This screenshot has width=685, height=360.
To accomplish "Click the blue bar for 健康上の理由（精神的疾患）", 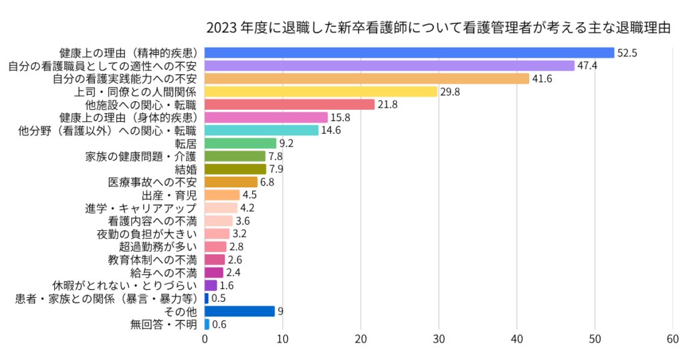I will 409,53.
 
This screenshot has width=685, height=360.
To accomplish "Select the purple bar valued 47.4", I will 389,66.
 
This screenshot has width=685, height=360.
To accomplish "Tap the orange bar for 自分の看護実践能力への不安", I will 367,78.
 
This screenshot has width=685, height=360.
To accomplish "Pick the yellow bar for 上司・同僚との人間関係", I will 320,92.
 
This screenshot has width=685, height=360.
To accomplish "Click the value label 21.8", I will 387,104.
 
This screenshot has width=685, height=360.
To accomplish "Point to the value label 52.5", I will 627,53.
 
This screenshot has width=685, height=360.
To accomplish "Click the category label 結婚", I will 185,169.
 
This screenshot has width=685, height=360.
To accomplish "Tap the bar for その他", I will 239,311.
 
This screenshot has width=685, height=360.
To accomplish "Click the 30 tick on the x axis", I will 439,339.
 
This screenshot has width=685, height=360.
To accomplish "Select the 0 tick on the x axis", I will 205,339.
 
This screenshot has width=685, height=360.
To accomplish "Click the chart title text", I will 438,28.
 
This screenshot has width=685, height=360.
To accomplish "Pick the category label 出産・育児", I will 170,195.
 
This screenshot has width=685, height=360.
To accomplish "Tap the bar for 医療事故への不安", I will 231,182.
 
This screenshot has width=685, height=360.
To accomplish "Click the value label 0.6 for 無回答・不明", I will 219,325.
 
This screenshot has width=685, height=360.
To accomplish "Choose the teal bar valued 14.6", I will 262,130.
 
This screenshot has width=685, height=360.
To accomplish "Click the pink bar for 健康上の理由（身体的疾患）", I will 266,118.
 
